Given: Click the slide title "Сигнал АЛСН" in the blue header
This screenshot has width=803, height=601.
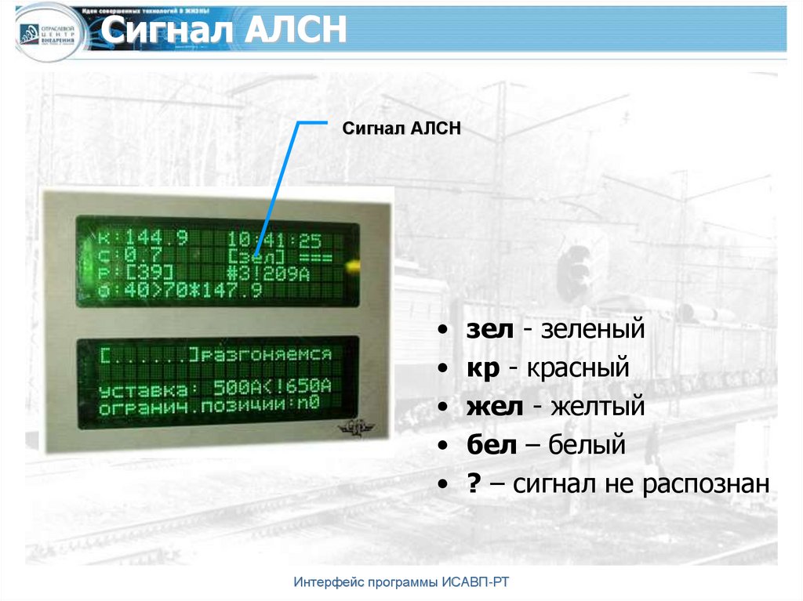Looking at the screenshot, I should (224, 31).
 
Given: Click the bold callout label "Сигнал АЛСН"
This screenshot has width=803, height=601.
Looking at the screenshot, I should (401, 129).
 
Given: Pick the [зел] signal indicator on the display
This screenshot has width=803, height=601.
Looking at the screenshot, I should (256, 255).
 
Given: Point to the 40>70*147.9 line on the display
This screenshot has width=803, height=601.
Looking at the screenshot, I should (183, 291).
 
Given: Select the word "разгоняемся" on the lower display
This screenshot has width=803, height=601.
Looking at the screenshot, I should (263, 355).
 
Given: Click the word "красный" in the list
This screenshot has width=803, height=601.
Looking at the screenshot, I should (579, 368).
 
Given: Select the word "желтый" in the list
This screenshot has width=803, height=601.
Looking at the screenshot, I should (598, 407).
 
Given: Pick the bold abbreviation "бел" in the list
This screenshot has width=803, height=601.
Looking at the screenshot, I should (492, 446).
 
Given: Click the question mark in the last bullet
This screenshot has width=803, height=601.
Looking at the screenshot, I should (474, 485).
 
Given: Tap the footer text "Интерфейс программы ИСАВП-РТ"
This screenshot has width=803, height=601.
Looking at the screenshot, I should (405, 582).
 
